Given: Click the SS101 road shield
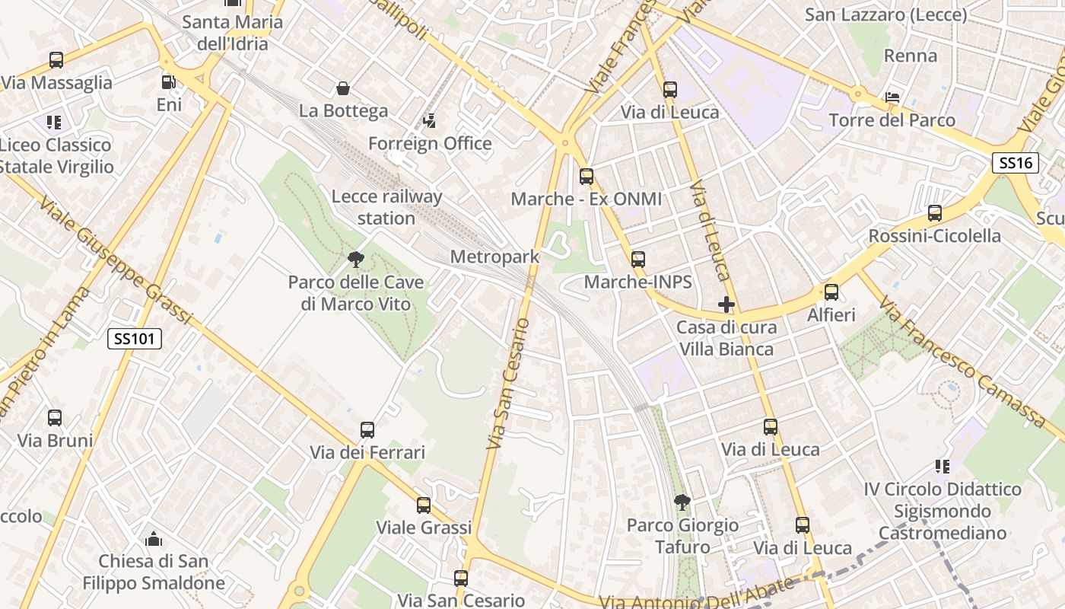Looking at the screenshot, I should (x=135, y=339).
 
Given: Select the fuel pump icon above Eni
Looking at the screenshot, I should (x=168, y=81).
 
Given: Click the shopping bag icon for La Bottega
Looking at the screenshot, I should (x=343, y=89).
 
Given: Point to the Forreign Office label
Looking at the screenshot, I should (x=430, y=143).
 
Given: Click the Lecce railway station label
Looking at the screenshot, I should (x=386, y=207).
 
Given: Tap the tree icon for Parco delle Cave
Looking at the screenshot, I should (x=355, y=260).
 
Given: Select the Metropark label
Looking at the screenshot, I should (x=494, y=257).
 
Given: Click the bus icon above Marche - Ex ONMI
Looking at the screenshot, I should (x=586, y=177).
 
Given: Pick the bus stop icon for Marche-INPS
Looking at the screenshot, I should (x=637, y=260).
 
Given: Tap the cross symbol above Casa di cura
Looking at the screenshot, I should (x=726, y=304).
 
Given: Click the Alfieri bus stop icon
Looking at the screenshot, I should (x=831, y=292).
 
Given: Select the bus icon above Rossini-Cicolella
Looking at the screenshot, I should (x=934, y=213).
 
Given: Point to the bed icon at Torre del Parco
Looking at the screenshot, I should (x=892, y=97).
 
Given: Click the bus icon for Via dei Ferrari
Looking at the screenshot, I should (x=367, y=430).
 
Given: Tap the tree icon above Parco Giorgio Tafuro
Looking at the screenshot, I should (x=682, y=502).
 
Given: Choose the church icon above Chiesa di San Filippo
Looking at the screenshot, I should (x=153, y=539).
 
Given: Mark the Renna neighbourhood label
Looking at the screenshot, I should (x=911, y=56).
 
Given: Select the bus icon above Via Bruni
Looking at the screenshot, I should (x=55, y=418).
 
